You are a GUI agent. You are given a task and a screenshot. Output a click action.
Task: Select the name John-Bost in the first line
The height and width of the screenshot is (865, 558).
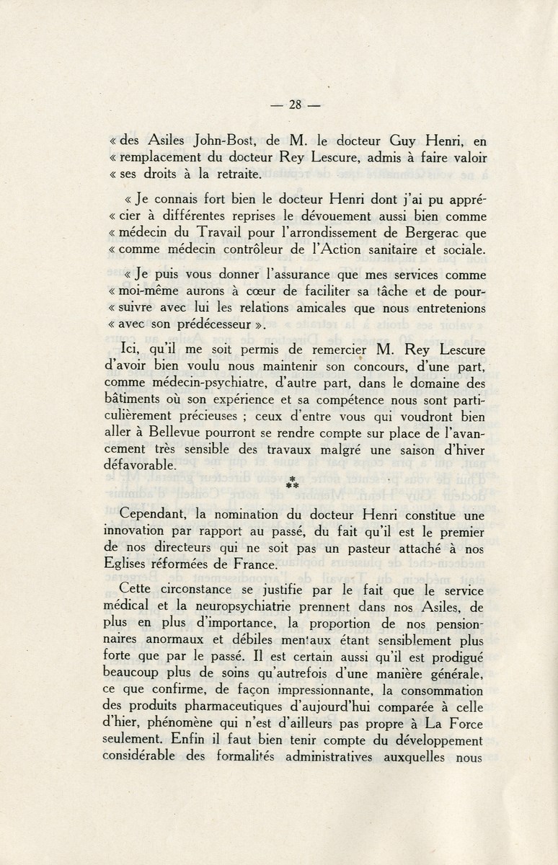pos(191,143)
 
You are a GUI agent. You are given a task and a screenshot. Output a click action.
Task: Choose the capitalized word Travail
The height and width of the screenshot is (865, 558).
pos(205,233)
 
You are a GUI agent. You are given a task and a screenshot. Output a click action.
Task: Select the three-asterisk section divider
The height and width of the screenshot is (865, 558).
pos(292,483)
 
